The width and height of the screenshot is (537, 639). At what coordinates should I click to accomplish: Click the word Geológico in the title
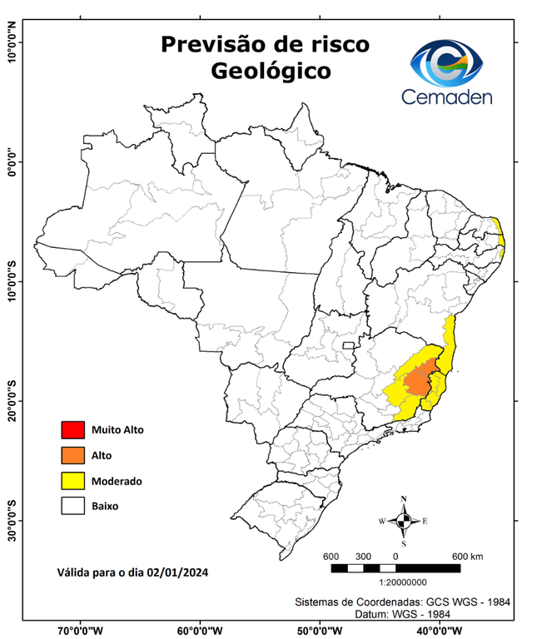271,71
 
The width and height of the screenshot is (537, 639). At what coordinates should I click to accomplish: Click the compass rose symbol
403,521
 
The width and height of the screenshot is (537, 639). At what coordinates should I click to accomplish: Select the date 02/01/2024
177,572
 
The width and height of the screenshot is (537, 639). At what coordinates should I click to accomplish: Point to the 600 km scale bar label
466,556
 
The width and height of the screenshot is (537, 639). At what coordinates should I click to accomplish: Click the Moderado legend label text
117,481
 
